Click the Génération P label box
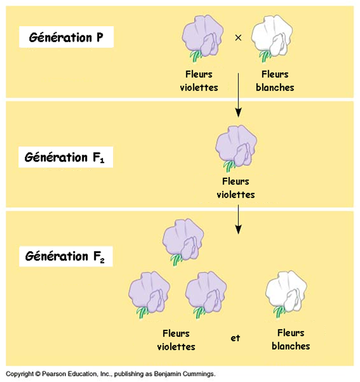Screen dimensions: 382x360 click(x=66, y=38)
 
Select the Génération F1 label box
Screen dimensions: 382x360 click(x=66, y=158)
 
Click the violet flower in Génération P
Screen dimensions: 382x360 click(x=201, y=36)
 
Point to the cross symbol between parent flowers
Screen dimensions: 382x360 click(x=238, y=38)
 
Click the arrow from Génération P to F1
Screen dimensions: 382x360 click(x=238, y=95)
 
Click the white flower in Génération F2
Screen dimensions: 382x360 click(x=286, y=294)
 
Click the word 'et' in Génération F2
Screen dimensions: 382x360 click(x=235, y=338)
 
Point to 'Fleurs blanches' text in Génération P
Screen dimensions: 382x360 click(x=275, y=81)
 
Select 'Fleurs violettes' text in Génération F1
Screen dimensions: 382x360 click(x=235, y=188)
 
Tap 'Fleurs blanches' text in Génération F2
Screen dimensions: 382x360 click(x=291, y=339)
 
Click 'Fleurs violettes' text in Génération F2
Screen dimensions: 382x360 click(x=176, y=340)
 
